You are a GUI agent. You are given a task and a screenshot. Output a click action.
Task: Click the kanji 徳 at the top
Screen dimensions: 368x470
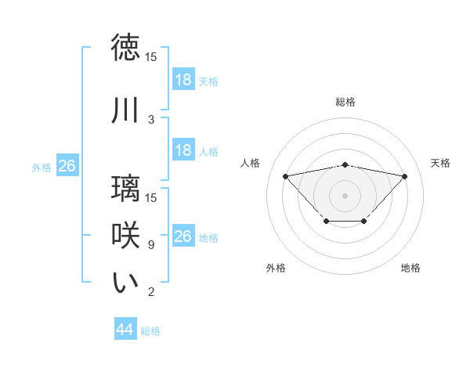(x=125, y=48)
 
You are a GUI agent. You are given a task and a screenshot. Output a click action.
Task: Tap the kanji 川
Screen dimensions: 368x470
(x=125, y=111)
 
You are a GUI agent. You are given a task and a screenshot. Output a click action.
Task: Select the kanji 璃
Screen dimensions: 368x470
(x=125, y=189)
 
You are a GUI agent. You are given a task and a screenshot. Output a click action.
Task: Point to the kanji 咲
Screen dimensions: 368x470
(x=125, y=236)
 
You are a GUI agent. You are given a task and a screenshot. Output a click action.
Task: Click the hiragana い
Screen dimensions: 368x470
(x=125, y=283)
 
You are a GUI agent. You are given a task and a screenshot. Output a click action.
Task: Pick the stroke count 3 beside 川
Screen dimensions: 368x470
(x=151, y=119)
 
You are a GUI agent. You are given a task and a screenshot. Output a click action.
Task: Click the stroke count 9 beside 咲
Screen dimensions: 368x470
(x=151, y=245)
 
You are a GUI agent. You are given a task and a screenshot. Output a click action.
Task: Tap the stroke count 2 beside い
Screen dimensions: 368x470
(x=151, y=292)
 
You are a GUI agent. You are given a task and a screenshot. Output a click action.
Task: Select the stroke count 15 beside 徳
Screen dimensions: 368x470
(x=151, y=56)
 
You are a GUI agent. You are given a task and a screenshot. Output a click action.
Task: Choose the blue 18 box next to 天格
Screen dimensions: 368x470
(x=183, y=80)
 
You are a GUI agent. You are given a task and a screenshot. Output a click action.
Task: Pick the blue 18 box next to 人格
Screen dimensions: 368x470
(x=183, y=150)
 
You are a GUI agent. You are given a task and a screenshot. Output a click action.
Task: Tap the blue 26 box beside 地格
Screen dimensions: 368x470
(x=183, y=236)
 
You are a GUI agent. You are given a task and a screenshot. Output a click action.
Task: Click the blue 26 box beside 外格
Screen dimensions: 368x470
(x=67, y=166)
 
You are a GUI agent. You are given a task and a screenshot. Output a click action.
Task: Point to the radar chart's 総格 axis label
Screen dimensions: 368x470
(x=345, y=102)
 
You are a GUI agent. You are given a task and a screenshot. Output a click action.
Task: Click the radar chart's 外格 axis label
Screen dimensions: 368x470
(x=276, y=268)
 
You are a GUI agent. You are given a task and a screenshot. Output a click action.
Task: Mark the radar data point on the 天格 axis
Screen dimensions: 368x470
(x=404, y=176)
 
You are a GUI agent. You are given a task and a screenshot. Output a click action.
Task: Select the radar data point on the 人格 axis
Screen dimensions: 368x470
(x=285, y=175)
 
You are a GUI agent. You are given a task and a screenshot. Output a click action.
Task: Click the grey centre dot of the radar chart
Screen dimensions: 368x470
(x=345, y=195)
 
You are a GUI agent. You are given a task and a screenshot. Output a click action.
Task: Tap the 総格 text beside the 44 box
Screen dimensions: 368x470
(x=150, y=331)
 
